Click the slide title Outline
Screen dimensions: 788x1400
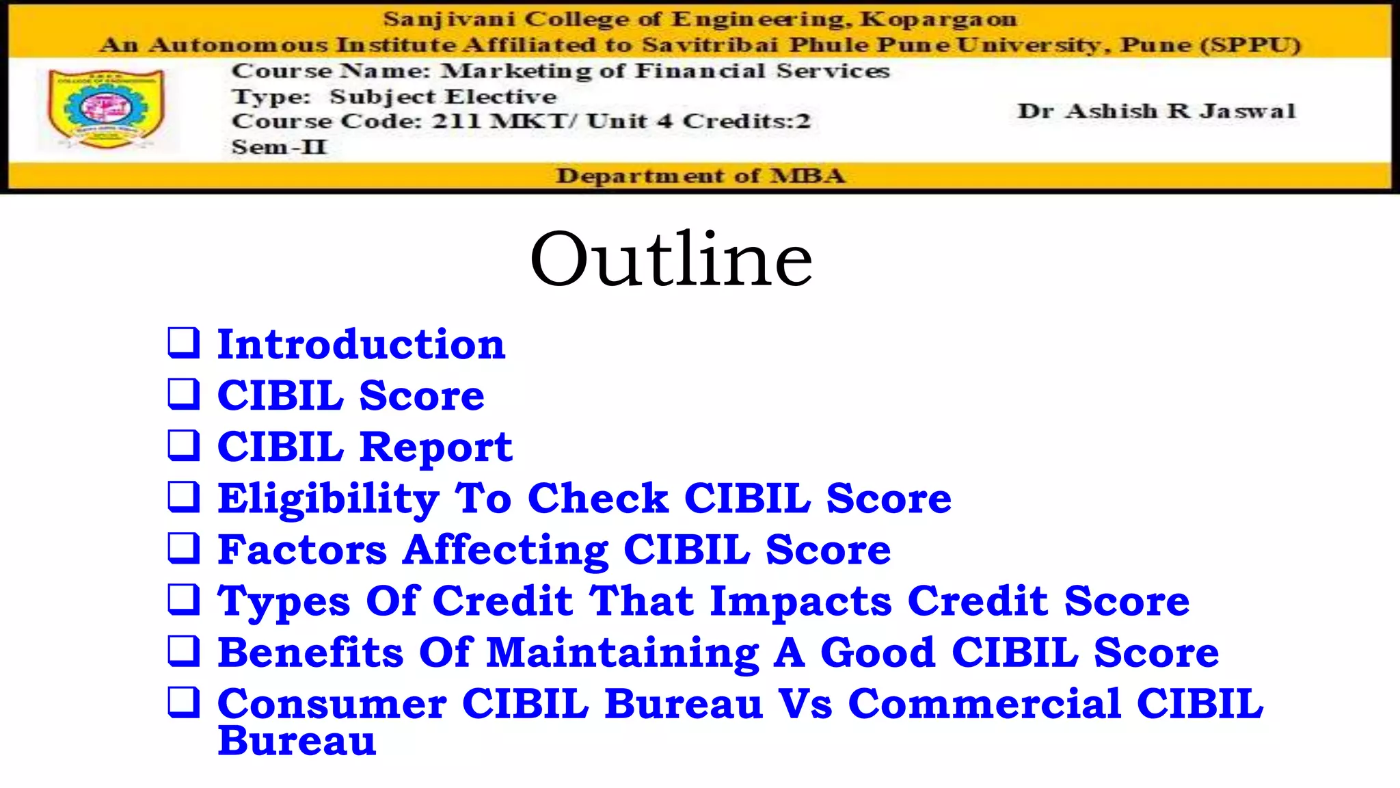671,260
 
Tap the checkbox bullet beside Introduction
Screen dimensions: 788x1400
184,343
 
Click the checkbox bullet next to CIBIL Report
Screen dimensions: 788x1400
184,445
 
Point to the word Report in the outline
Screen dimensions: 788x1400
436,448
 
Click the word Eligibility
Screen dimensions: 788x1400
328,499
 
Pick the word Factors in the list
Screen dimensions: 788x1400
302,550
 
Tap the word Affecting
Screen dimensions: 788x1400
505,550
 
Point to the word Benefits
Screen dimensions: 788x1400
310,653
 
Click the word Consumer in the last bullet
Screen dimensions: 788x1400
332,704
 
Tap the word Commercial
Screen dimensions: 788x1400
984,704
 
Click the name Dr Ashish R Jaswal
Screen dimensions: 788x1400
1156,111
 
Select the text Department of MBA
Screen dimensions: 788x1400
700,176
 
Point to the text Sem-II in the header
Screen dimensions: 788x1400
279,147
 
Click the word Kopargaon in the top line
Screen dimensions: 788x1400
938,19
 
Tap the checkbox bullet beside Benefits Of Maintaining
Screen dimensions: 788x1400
184,651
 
